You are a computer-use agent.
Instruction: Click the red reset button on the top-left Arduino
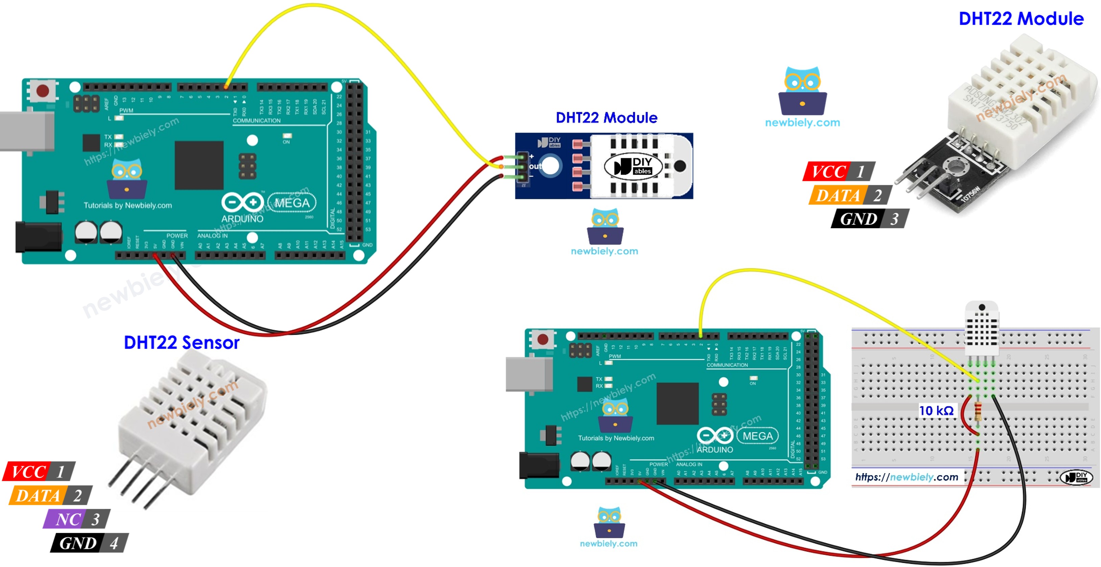(43, 91)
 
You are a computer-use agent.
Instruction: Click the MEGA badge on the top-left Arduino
(292, 203)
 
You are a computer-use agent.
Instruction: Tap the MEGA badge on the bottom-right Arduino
(757, 436)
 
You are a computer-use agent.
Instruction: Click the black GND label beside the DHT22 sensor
(78, 543)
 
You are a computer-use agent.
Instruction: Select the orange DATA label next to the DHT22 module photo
(838, 195)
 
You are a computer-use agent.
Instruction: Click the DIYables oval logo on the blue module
(634, 166)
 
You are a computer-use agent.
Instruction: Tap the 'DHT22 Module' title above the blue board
(606, 118)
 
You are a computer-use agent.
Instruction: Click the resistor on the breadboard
(978, 412)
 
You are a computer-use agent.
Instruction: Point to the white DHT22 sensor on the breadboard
(982, 327)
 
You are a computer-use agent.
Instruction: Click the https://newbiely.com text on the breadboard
(907, 477)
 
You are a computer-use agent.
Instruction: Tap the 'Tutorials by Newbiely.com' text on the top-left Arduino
(128, 206)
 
